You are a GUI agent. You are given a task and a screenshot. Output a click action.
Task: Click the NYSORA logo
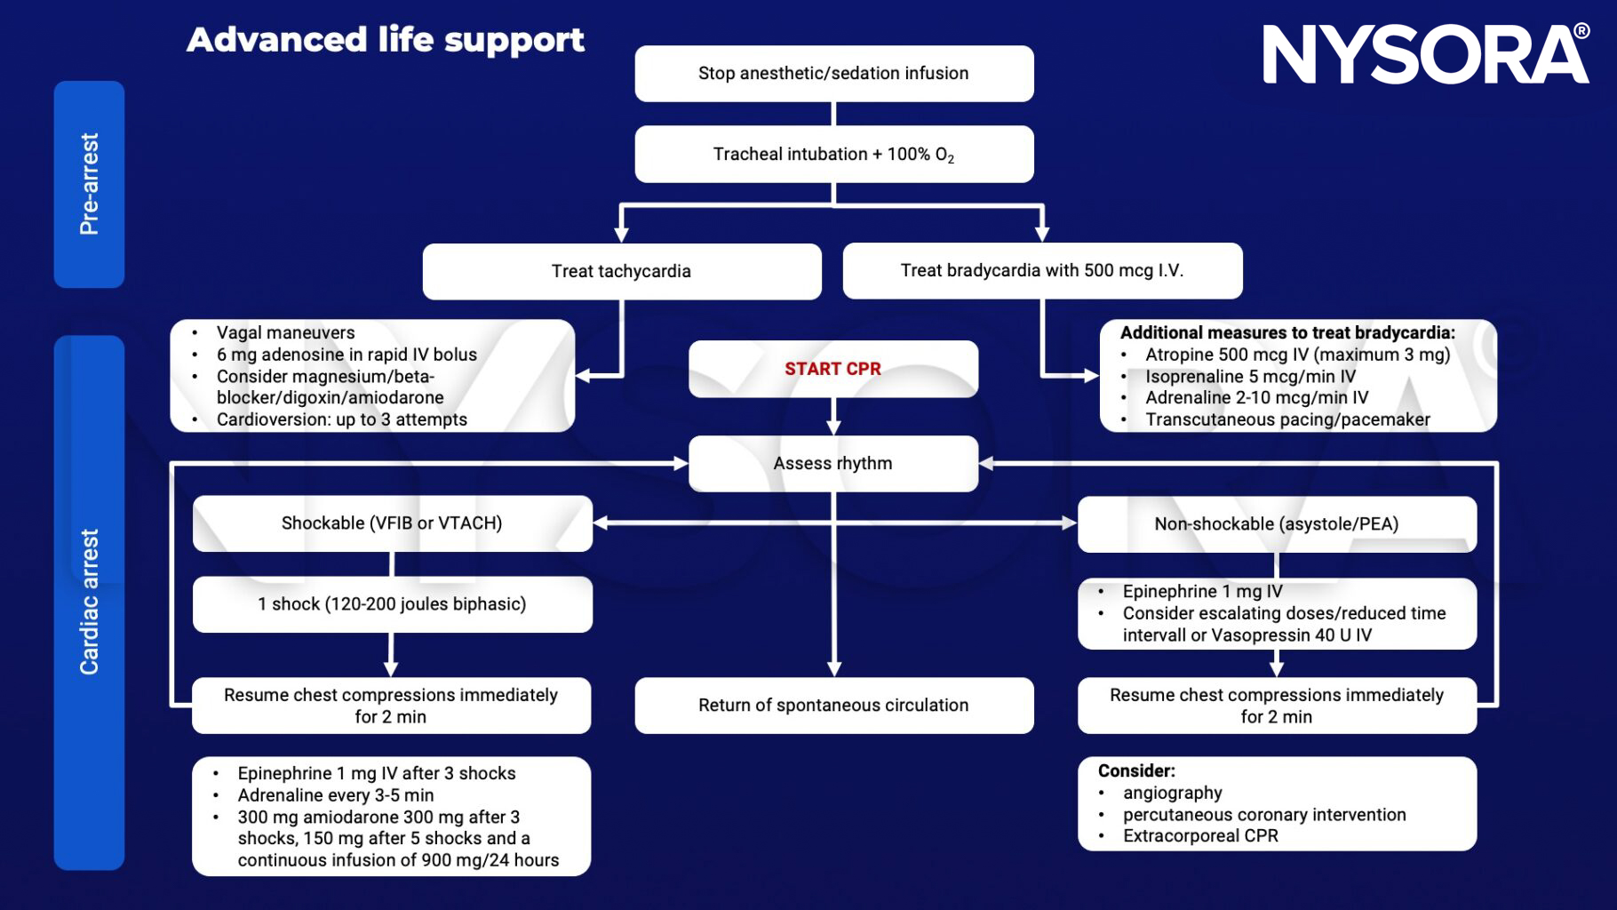coord(1425,55)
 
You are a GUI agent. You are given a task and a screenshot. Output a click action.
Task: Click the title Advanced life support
coord(386,40)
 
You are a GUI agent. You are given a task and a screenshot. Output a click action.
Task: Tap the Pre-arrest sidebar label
coord(89,184)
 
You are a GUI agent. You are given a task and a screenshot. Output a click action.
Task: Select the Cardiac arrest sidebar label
coord(89,602)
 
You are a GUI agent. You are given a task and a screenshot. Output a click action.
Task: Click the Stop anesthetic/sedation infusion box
coord(833,74)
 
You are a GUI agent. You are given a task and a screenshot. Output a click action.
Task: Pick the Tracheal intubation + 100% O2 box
coord(833,155)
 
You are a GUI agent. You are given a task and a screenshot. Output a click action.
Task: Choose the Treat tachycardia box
coord(621,271)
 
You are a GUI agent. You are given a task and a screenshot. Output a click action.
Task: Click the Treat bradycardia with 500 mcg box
coord(1041,271)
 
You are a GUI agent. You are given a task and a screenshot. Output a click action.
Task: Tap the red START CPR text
coord(832,369)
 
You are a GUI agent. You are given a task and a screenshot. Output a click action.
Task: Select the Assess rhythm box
coord(832,463)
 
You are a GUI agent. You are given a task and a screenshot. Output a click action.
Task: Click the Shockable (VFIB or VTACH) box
coord(392,523)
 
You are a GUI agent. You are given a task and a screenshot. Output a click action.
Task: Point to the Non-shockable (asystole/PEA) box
coord(1276,524)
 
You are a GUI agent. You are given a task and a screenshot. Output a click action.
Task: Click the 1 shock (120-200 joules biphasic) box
coord(392,604)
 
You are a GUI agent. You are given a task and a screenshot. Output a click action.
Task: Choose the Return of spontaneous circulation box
coord(833,706)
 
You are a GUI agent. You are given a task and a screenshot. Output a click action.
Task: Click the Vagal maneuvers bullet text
coord(285,333)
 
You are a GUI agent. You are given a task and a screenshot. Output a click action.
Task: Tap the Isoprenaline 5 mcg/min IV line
coord(1250,377)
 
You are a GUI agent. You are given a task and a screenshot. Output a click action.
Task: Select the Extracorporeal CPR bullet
coord(1200,836)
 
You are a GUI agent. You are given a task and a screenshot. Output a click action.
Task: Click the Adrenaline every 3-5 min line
coord(335,795)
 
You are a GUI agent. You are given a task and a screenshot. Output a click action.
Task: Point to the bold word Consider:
coord(1136,771)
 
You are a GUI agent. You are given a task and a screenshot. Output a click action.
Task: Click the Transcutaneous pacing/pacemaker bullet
coord(1287,419)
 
